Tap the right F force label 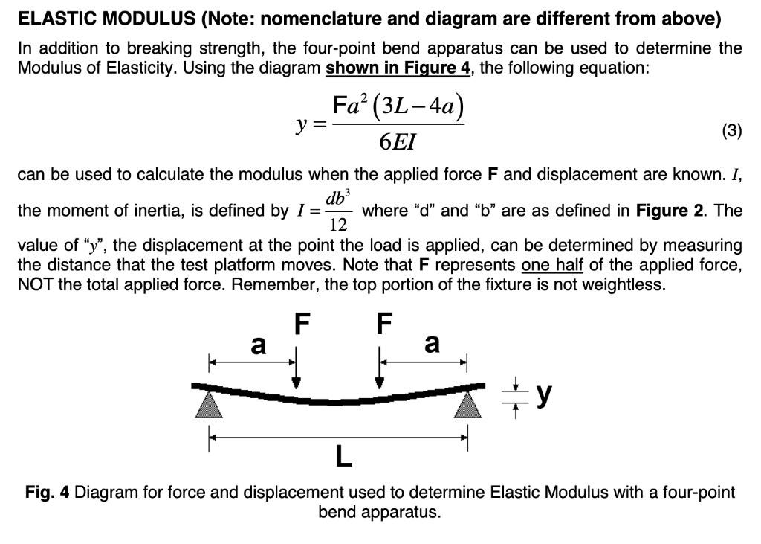(383, 324)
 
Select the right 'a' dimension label (431, 344)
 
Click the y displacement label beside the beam (544, 395)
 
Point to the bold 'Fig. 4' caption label (48, 493)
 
